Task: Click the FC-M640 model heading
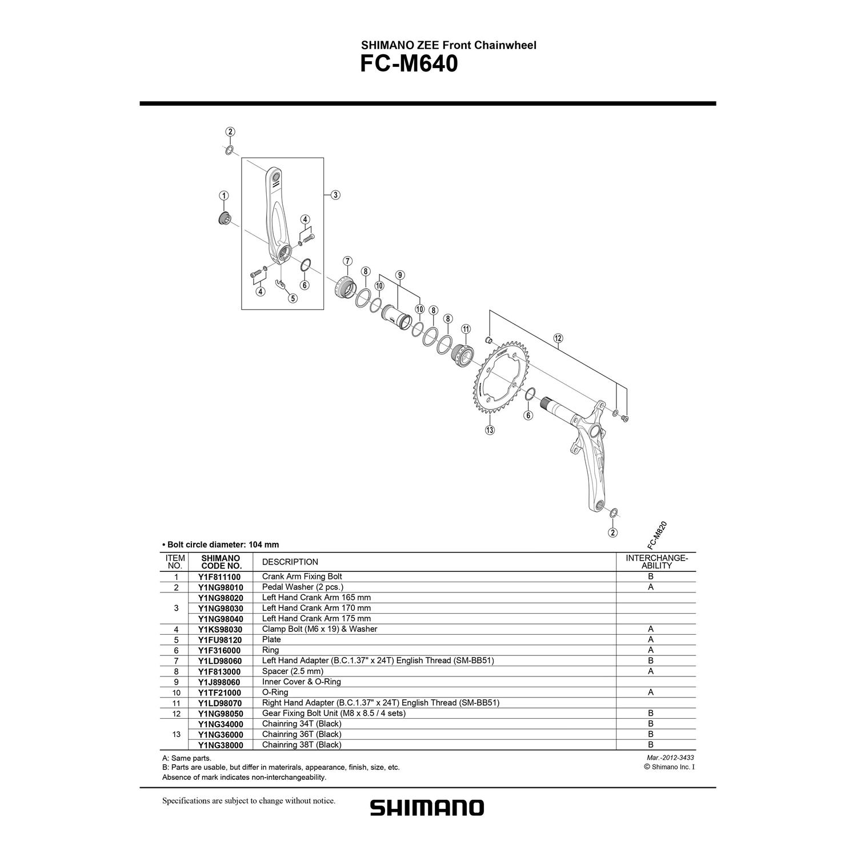(x=409, y=65)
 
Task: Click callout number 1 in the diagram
(x=223, y=195)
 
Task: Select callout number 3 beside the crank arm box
(x=335, y=195)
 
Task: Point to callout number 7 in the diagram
(x=347, y=262)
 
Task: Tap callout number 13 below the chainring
(x=490, y=430)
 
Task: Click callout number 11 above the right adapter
(x=466, y=329)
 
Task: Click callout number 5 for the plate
(x=293, y=298)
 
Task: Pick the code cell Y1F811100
(x=219, y=577)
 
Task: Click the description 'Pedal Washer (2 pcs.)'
(x=303, y=587)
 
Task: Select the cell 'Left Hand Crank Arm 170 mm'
(x=317, y=608)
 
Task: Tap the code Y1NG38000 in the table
(x=221, y=745)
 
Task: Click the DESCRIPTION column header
(x=290, y=562)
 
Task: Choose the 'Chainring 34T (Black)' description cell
(x=302, y=724)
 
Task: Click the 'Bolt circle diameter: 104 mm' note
(x=221, y=544)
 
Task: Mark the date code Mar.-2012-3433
(x=668, y=758)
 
